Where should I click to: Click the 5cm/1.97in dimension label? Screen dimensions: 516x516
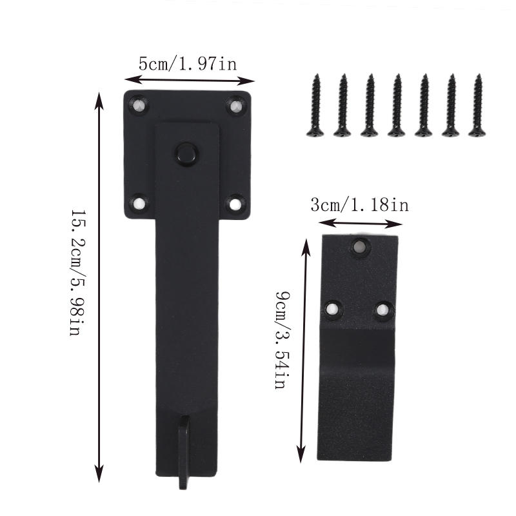[187, 63]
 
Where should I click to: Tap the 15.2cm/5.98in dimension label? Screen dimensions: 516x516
[79, 272]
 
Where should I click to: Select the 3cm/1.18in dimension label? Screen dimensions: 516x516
[360, 205]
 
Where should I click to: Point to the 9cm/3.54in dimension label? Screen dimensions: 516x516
[283, 340]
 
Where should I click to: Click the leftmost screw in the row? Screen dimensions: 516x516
[315, 105]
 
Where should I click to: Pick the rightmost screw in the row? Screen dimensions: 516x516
[477, 105]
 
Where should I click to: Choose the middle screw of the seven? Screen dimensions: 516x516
[396, 105]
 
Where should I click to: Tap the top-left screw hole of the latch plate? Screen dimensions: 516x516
[139, 105]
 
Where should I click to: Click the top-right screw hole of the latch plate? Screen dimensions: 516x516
[236, 106]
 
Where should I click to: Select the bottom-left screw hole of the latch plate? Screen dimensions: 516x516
[139, 203]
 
